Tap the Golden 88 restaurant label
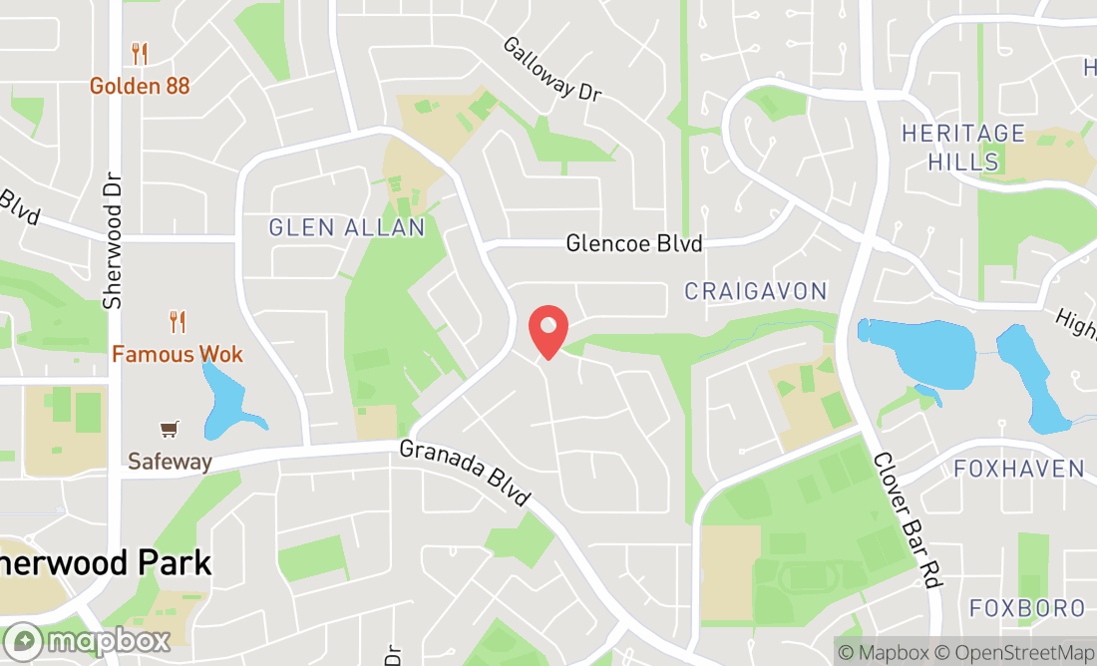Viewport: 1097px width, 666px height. point(140,86)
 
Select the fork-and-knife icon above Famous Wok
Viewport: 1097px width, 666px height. point(178,322)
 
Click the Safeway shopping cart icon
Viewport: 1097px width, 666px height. point(170,430)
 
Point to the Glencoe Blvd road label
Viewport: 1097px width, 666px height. point(634,243)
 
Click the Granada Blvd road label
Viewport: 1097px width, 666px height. point(465,473)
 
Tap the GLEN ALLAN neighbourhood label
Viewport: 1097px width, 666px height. point(347,228)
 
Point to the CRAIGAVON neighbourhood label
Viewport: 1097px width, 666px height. point(756,291)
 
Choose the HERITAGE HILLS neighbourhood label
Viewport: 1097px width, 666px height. point(949,147)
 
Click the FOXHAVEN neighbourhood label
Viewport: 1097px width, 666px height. point(1018,469)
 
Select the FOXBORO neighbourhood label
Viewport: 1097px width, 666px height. point(1026,607)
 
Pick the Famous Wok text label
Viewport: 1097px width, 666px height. point(178,354)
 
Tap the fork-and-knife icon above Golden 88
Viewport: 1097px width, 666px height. point(140,54)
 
